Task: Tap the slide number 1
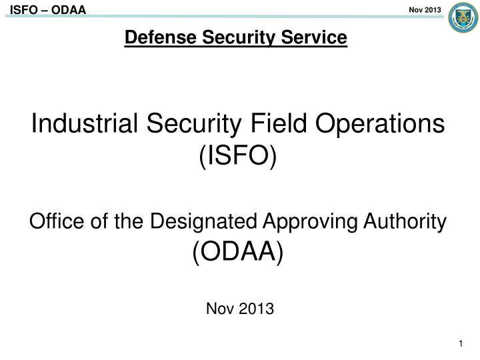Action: [x=461, y=343]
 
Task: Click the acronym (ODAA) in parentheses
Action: [x=238, y=252]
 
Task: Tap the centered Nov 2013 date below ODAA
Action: [x=239, y=309]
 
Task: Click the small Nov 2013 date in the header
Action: [x=424, y=7]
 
